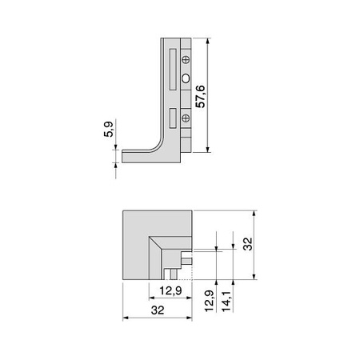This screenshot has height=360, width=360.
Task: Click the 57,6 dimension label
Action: coord(200,97)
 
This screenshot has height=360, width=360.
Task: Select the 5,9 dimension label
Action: coord(108,129)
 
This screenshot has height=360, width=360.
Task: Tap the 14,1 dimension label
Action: coord(226,301)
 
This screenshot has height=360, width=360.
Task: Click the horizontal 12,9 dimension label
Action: coord(170,290)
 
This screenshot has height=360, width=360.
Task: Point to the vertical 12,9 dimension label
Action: coord(210,301)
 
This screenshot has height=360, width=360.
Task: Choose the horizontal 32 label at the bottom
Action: coord(158,310)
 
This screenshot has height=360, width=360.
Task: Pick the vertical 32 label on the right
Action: coord(248,244)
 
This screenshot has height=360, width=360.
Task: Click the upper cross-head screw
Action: coord(186,59)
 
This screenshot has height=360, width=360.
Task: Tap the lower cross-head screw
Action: coord(186,118)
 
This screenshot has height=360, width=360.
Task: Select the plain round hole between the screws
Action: coord(186,78)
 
